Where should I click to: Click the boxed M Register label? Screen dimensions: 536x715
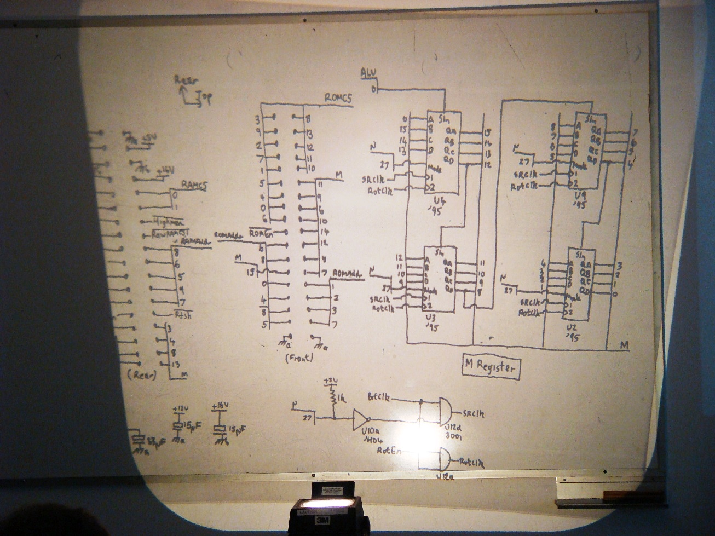[x=489, y=367]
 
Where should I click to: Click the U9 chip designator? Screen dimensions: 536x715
[x=579, y=195]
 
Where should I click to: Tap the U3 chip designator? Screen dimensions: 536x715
[x=430, y=318]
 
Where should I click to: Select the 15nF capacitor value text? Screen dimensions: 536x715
[x=237, y=431]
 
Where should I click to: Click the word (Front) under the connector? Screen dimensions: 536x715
[x=299, y=359]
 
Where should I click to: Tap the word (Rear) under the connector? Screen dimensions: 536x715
[x=141, y=375]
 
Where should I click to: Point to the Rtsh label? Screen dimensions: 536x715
[x=182, y=315]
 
